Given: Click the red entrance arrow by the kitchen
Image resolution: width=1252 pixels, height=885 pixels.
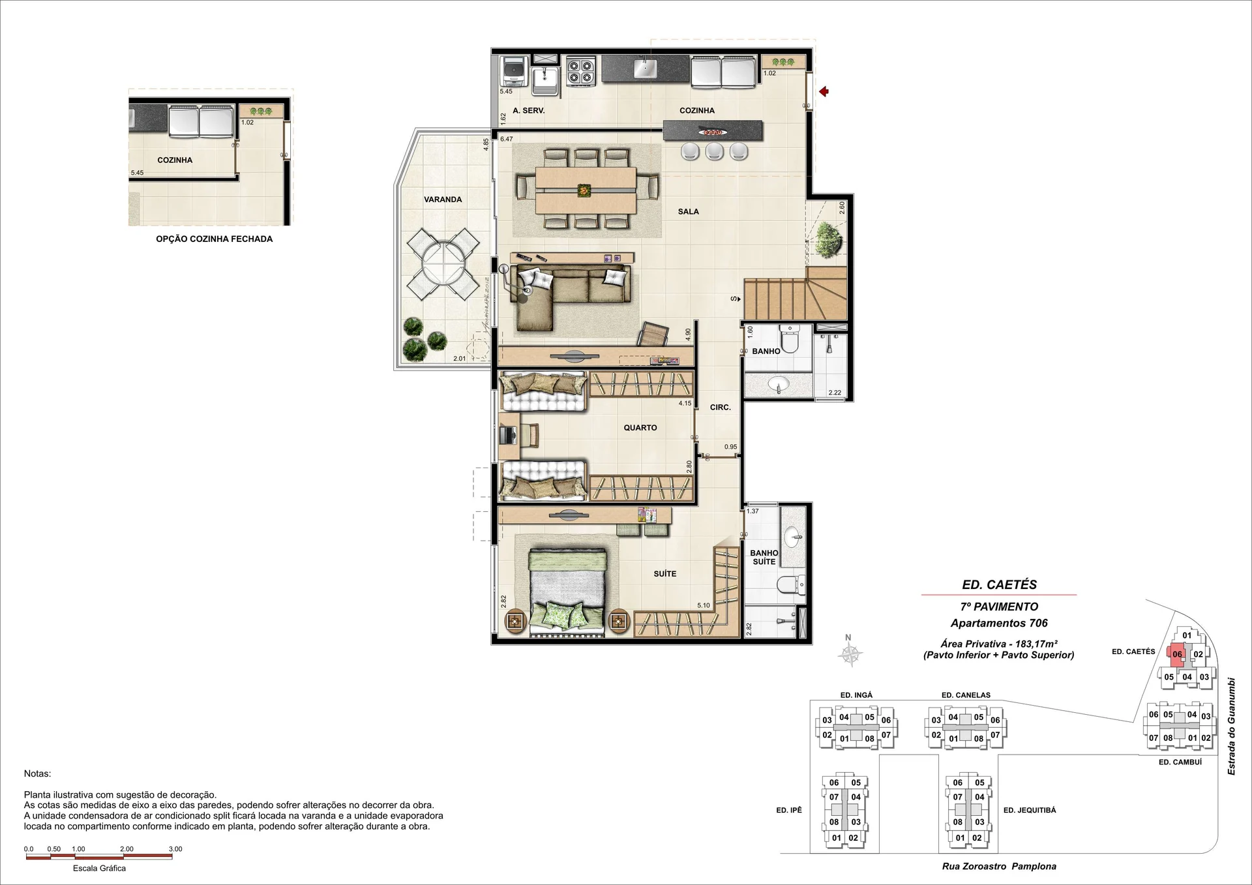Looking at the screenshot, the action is click(824, 92).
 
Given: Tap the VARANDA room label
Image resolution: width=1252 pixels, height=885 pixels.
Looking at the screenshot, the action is click(443, 200).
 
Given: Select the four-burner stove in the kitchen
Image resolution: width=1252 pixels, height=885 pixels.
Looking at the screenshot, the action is click(580, 72).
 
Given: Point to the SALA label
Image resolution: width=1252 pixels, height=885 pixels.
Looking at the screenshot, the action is click(689, 211).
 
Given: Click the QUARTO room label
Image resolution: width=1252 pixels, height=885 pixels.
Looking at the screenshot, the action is click(640, 428).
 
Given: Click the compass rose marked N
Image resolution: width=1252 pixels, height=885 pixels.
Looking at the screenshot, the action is click(850, 653).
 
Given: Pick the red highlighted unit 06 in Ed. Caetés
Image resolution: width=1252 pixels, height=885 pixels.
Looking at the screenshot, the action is click(1178, 653).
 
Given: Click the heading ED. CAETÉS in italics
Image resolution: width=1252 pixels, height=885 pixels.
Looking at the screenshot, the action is click(999, 585).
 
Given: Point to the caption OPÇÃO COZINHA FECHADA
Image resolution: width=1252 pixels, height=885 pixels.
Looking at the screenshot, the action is click(215, 239).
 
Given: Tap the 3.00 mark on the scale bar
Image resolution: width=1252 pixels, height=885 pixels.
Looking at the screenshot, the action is click(175, 849).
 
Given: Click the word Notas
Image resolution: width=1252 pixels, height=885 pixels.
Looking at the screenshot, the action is click(37, 773).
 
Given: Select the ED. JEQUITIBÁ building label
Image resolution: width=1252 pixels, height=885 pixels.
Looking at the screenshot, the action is click(1030, 810).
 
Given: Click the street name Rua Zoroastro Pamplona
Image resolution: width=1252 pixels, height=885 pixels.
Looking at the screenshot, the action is click(999, 867).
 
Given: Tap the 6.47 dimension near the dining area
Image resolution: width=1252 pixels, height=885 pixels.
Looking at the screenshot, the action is click(507, 139).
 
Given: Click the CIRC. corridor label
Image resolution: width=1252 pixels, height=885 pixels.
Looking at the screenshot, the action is click(721, 407).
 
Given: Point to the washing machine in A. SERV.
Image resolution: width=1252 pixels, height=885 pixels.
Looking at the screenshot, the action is click(513, 71).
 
